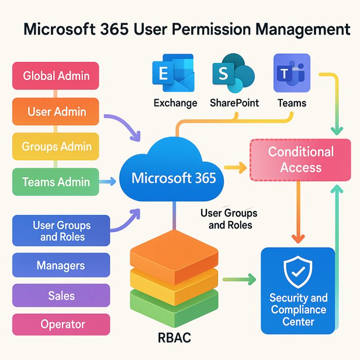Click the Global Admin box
tap(55, 75)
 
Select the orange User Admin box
tap(55, 112)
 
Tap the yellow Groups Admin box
tap(55, 147)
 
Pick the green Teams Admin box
tap(55, 181)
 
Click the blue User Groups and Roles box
tap(61, 231)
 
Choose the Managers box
tap(61, 266)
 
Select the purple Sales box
tap(61, 296)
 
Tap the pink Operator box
tap(61, 324)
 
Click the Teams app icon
tap(291, 73)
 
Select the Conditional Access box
tap(300, 160)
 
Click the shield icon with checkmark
tap(298, 271)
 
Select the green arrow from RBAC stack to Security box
tap(239, 280)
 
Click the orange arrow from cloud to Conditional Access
tap(236, 166)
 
